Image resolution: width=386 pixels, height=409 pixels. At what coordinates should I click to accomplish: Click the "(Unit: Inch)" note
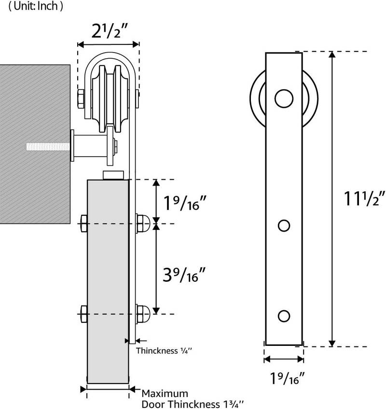[x=31, y=7]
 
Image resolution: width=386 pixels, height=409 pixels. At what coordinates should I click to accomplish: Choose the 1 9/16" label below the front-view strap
[x=284, y=379]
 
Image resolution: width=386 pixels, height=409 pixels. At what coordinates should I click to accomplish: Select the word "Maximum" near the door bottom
[x=164, y=394]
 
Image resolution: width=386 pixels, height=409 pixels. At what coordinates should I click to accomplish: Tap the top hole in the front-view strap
[x=284, y=99]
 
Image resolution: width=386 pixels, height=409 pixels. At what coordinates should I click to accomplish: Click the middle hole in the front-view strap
[x=284, y=225]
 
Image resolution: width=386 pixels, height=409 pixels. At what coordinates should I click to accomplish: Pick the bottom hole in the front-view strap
[x=284, y=316]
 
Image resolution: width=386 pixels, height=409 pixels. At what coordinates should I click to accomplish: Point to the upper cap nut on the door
[x=143, y=223]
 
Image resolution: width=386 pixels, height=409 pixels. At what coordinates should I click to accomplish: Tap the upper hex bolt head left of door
[x=82, y=223]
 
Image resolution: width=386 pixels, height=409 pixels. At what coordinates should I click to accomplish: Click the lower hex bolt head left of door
[x=82, y=314]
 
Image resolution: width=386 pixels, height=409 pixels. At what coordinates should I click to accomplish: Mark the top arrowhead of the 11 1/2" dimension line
[x=332, y=54]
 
